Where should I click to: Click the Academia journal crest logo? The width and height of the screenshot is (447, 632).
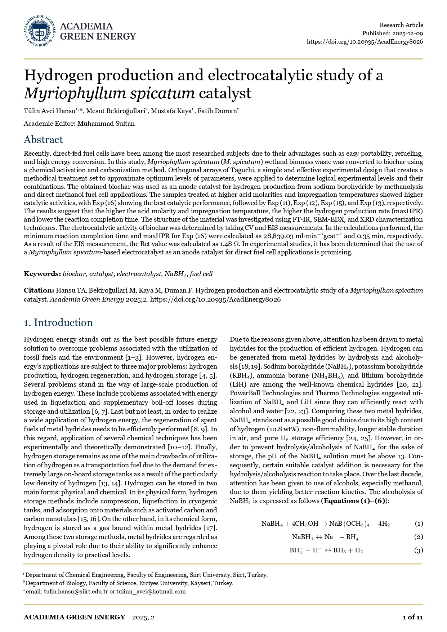(40, 31)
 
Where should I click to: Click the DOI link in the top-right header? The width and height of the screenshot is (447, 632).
(365, 41)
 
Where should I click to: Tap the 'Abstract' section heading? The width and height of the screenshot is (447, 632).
(43, 140)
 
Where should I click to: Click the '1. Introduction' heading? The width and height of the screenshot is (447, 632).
(58, 322)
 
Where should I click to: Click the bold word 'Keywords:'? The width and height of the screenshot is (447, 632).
(42, 274)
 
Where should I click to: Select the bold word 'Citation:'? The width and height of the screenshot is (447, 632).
(39, 290)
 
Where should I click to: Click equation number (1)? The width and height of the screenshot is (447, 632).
(419, 524)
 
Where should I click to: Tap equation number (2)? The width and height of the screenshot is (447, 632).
(419, 537)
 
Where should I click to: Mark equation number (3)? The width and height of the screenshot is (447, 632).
(419, 550)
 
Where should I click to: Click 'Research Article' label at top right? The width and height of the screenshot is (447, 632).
(401, 25)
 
